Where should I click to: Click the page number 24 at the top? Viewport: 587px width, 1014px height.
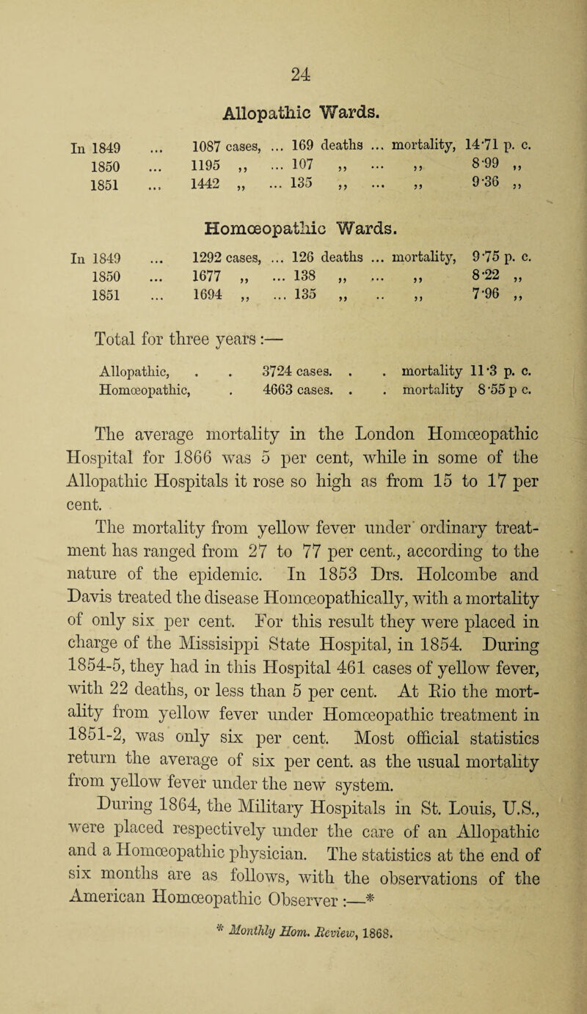point(299,31)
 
